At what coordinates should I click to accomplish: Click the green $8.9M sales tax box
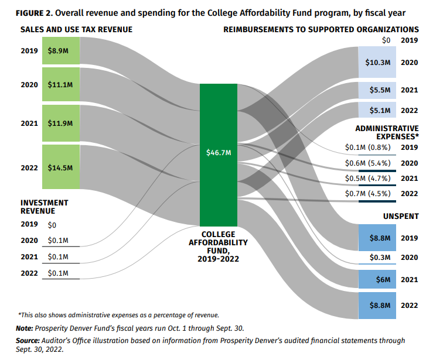(x=60, y=52)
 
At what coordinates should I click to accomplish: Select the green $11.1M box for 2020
(x=60, y=85)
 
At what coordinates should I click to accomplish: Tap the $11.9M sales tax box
(x=60, y=123)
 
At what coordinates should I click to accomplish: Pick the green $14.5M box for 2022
(x=60, y=167)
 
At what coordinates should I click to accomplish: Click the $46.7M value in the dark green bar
(x=219, y=153)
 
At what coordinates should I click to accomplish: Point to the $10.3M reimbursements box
(x=377, y=62)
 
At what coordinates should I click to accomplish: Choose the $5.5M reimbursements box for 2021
(x=377, y=91)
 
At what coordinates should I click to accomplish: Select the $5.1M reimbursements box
(x=377, y=110)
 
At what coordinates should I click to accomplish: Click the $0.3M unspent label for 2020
(x=380, y=257)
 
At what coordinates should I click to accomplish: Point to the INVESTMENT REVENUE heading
(x=45, y=207)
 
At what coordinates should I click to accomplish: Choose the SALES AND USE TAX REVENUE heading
(x=76, y=29)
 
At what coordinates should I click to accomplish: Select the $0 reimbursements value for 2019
(x=385, y=40)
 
